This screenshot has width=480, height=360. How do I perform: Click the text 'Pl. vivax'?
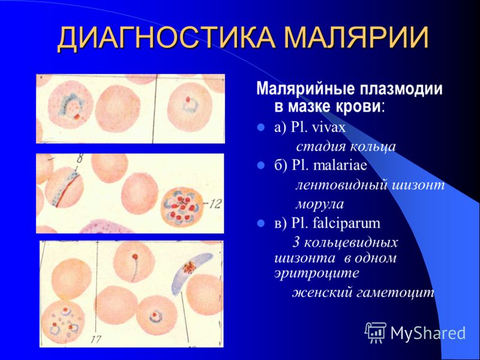318,127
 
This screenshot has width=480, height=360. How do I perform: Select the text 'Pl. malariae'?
329,166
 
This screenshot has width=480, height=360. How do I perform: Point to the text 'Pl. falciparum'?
335,223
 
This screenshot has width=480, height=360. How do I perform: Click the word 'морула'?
320,204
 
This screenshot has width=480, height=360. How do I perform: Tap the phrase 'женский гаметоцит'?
363,292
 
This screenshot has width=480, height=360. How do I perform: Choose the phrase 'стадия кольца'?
346,146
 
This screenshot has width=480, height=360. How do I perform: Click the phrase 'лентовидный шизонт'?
370,185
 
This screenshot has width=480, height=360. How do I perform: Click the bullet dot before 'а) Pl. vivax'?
261,127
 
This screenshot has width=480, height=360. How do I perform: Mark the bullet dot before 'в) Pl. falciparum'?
261,223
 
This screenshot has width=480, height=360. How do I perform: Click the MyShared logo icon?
376,333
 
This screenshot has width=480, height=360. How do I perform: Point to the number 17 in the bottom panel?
96,340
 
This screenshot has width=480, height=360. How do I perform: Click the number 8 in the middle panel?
80,160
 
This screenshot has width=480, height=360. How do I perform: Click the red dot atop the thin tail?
135,256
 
